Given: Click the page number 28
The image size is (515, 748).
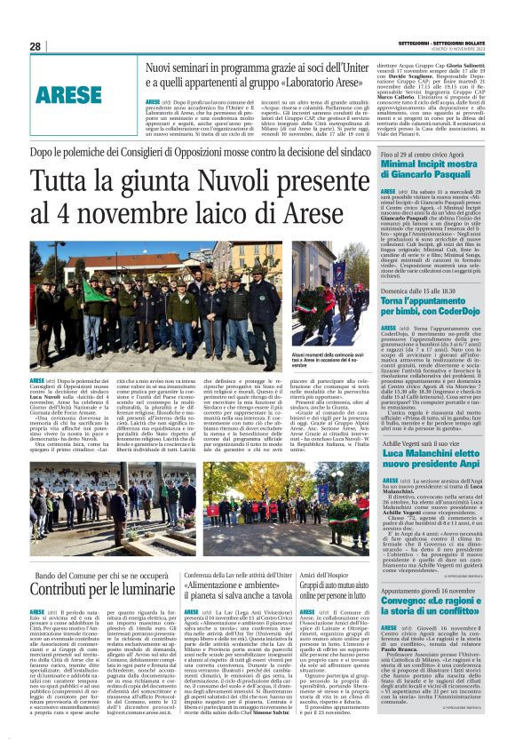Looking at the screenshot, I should point(36,46).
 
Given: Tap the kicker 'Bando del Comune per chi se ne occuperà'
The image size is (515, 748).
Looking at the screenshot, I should point(103,577).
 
